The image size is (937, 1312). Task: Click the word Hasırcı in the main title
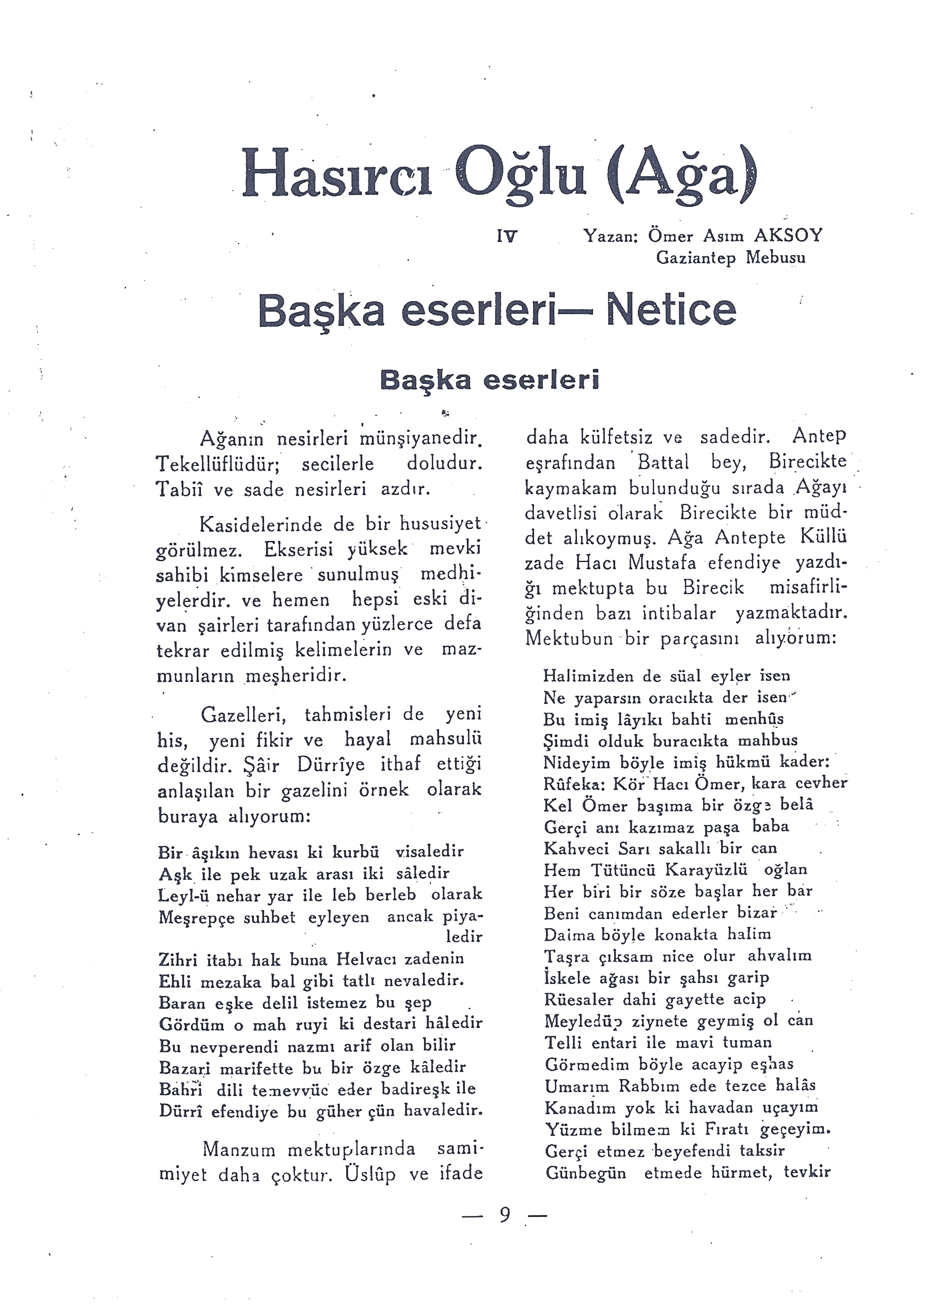(x=337, y=173)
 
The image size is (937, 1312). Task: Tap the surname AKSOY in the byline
(x=788, y=236)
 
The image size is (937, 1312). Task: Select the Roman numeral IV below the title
(x=507, y=236)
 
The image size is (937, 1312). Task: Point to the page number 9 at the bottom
(x=505, y=1215)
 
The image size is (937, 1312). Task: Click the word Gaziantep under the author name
(x=696, y=257)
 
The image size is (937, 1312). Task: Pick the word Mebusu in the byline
(x=775, y=257)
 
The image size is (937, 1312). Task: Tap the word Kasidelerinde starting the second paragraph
(x=261, y=524)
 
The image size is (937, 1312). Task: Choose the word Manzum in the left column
(x=239, y=1149)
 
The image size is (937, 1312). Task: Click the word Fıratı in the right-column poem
(x=724, y=1129)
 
